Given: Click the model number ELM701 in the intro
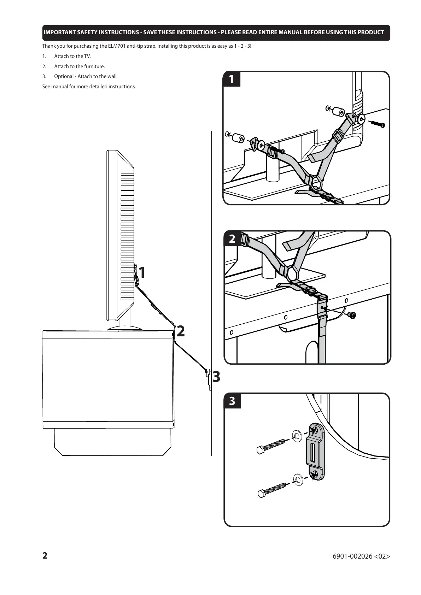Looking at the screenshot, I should click(x=115, y=46).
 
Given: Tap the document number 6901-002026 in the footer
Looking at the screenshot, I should click(x=352, y=556).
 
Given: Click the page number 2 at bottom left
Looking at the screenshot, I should click(x=45, y=556).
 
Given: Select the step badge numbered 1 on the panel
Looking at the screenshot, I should click(x=232, y=79).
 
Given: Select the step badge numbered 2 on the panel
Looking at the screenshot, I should click(x=232, y=239).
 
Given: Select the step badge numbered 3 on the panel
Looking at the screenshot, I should click(x=232, y=401).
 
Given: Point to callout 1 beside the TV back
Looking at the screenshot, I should click(x=142, y=273).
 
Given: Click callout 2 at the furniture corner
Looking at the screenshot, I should click(x=180, y=331).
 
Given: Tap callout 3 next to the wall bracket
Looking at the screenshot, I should click(x=216, y=377).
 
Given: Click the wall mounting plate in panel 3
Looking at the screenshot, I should click(x=314, y=452).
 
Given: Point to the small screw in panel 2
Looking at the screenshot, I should click(x=352, y=315).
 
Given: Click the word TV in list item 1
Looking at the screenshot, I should click(x=87, y=56).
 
